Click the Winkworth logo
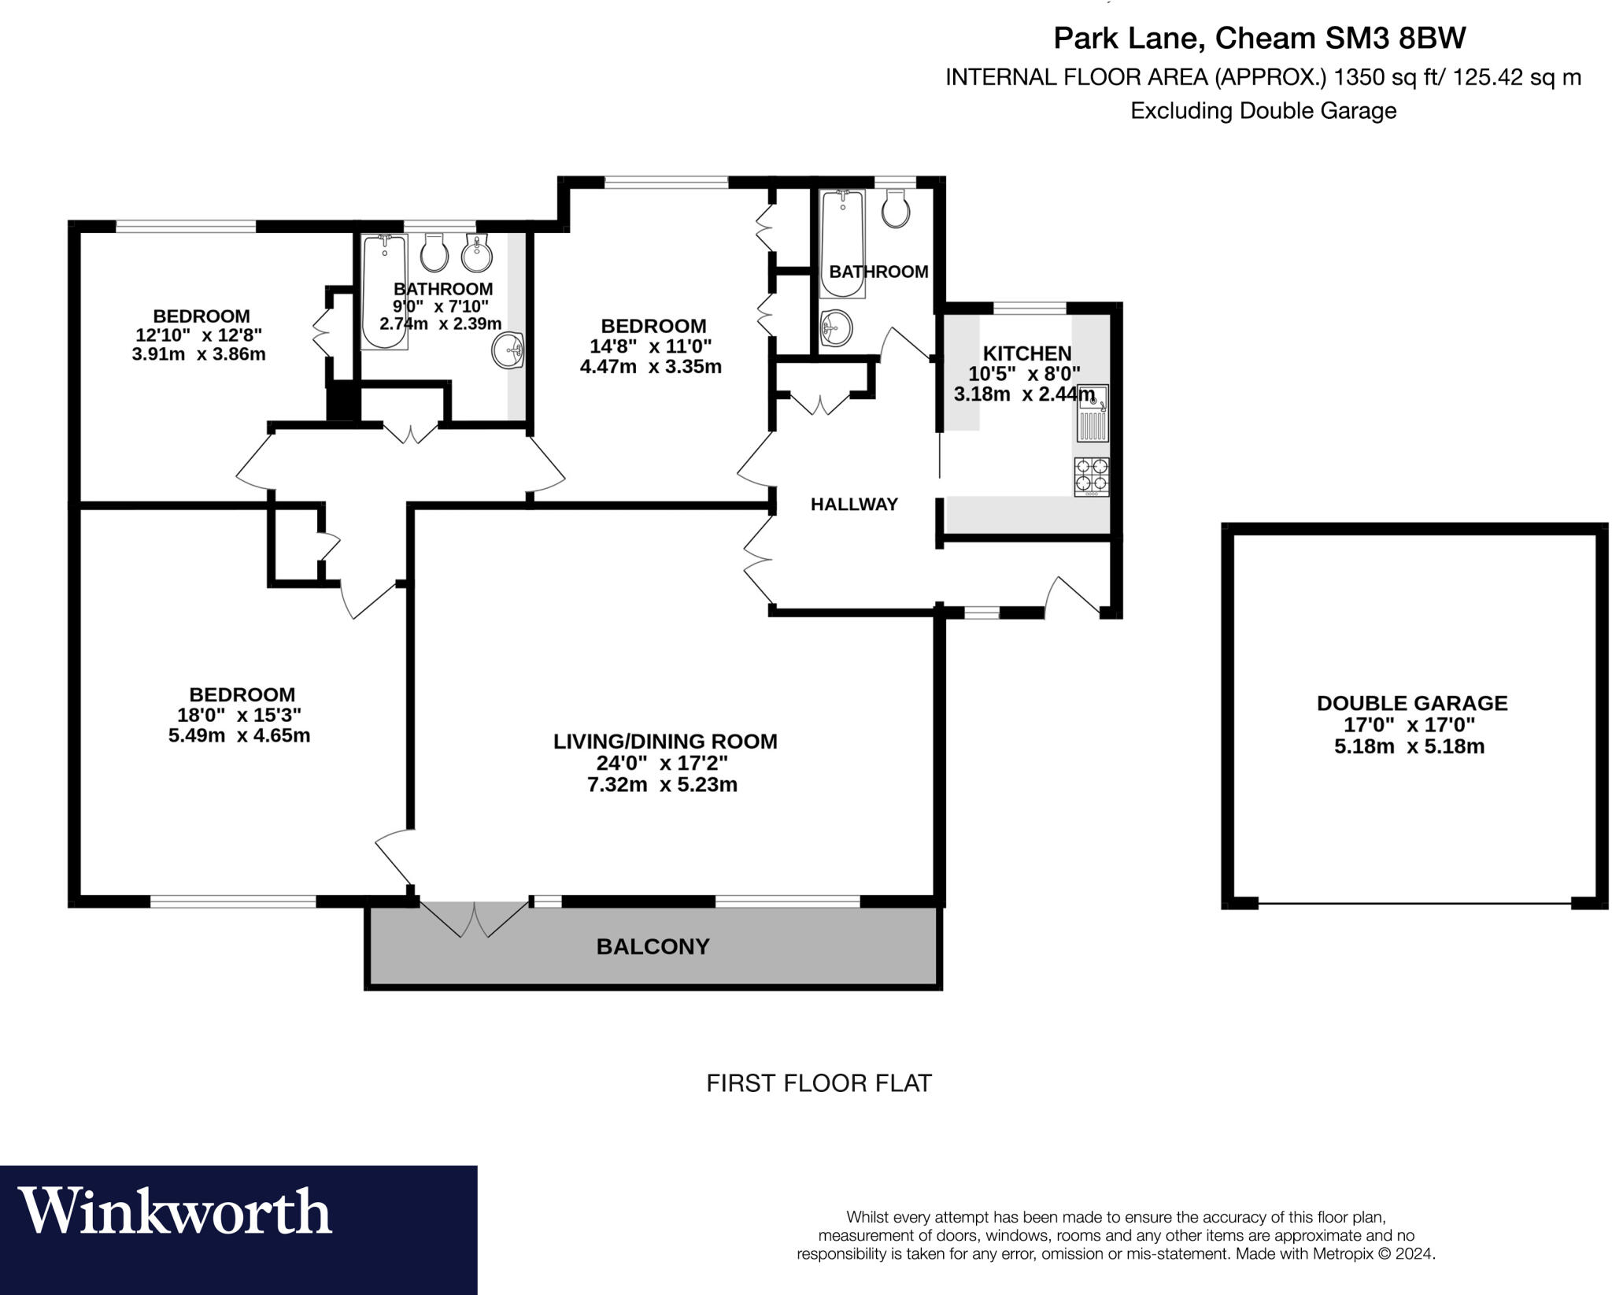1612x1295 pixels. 175,1210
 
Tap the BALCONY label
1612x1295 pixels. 653,946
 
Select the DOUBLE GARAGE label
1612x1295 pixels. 1411,703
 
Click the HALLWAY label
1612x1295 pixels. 854,504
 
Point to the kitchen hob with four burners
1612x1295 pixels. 1091,476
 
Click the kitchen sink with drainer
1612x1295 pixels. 1093,413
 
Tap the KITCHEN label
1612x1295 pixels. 1026,353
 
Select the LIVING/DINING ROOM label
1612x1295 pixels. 665,742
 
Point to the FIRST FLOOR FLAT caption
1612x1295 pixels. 819,1083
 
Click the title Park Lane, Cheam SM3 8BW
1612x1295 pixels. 1259,38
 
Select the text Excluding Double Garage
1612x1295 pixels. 1263,111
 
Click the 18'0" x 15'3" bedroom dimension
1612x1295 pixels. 239,715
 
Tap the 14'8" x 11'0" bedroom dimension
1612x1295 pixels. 650,346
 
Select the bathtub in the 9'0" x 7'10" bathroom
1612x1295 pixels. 384,291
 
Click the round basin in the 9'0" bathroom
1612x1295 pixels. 508,349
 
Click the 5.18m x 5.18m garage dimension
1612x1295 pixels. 1409,746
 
